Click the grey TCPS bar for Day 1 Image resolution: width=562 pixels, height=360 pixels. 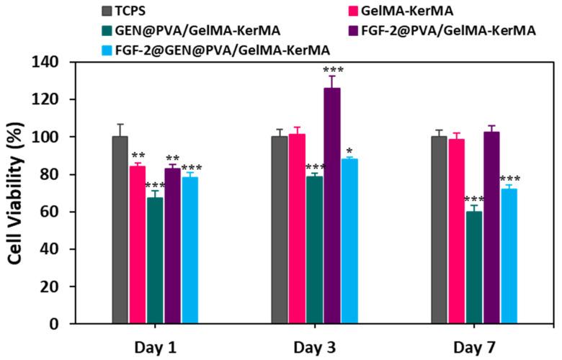click(120, 230)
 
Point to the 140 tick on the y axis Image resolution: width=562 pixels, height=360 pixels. click(68, 62)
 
